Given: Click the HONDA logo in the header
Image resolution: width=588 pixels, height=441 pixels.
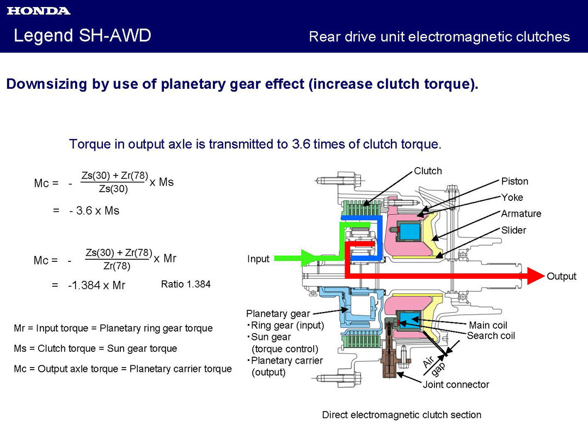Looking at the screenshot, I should [39, 11].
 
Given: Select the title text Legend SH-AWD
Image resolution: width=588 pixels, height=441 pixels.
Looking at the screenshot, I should [82, 36].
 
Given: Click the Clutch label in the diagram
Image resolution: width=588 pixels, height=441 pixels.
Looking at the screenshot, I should [428, 171].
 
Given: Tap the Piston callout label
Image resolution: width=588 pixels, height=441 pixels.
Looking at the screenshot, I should [514, 181].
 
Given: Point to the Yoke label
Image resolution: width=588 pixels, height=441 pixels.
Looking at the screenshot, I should [512, 198].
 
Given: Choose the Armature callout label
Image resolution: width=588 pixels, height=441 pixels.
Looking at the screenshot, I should [521, 214].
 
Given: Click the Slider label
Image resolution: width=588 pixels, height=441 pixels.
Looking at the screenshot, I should [513, 230].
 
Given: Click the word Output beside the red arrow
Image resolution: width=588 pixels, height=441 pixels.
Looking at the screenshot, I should [561, 277].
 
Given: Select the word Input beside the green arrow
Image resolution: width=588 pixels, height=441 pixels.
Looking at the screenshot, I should [258, 259].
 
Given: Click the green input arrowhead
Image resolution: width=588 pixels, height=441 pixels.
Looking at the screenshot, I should [310, 258].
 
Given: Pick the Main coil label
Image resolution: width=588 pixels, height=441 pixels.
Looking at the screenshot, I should [488, 326].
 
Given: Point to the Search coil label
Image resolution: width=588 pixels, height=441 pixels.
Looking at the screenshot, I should [491, 336].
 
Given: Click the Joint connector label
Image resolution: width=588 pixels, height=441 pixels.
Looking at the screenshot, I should [456, 385].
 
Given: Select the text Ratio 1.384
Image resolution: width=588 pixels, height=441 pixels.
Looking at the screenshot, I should [185, 284].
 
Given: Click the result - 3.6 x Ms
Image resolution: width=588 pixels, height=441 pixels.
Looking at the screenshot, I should [94, 211].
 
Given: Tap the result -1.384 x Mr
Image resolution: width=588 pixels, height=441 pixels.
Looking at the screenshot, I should [96, 285].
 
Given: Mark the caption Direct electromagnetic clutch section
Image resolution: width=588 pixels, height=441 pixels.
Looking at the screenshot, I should [401, 415].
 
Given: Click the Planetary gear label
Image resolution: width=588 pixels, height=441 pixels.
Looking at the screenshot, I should [278, 314].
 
